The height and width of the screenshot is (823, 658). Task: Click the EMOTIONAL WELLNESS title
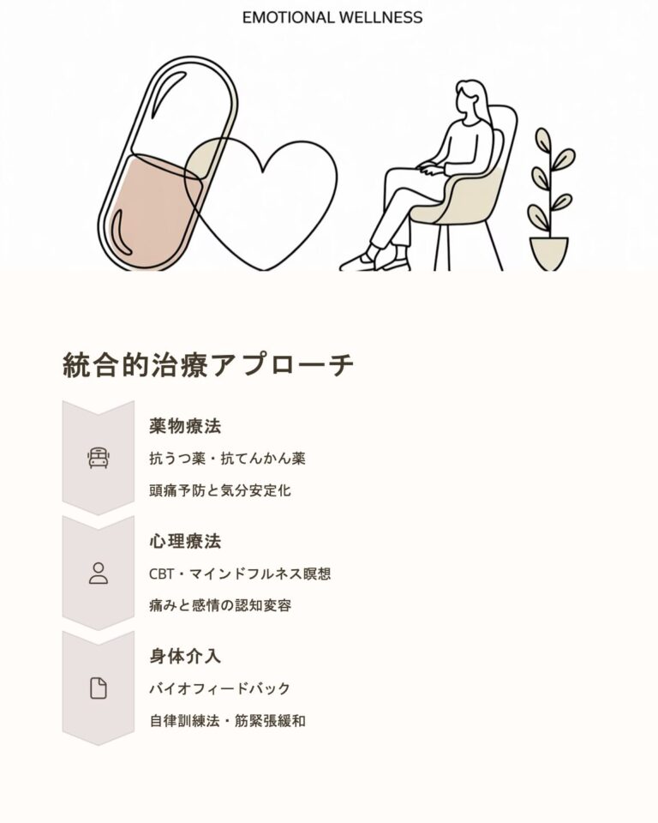pyautogui.click(x=332, y=17)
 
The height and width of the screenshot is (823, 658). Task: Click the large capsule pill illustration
pyautogui.click(x=168, y=164)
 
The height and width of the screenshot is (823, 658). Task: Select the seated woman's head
pyautogui.click(x=470, y=99)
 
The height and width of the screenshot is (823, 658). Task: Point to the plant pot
pyautogui.click(x=549, y=254)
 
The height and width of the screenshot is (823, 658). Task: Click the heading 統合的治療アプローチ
pyautogui.click(x=208, y=365)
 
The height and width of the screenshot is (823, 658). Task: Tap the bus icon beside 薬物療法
pyautogui.click(x=99, y=458)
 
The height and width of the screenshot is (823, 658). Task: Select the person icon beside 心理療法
pyautogui.click(x=99, y=574)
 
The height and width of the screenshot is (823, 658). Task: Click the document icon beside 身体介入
pyautogui.click(x=99, y=688)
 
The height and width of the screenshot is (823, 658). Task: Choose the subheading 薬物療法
pyautogui.click(x=185, y=426)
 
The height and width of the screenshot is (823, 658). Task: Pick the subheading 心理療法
pyautogui.click(x=185, y=541)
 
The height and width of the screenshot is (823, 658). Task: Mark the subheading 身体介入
pyautogui.click(x=185, y=656)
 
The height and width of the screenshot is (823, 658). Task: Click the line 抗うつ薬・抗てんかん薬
pyautogui.click(x=227, y=459)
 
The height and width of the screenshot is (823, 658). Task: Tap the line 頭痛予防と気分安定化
pyautogui.click(x=220, y=490)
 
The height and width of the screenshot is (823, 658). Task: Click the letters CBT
pyautogui.click(x=161, y=574)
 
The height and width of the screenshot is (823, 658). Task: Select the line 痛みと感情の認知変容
pyautogui.click(x=220, y=606)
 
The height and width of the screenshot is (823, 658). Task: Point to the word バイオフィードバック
pyautogui.click(x=220, y=688)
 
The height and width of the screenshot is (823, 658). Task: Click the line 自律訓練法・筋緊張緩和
pyautogui.click(x=227, y=721)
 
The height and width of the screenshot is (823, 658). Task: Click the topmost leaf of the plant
pyautogui.click(x=543, y=138)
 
